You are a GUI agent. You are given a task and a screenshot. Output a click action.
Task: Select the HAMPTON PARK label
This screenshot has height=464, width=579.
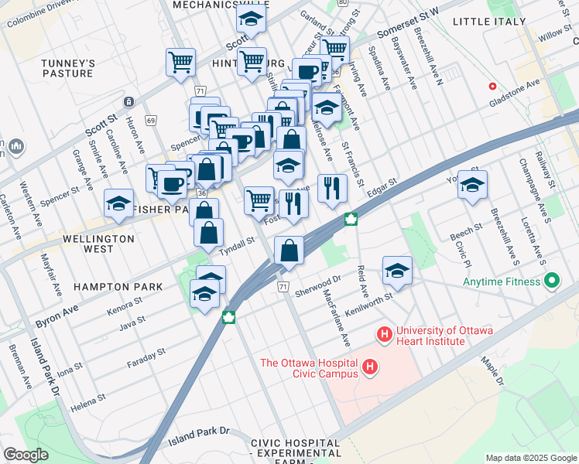(118, 287)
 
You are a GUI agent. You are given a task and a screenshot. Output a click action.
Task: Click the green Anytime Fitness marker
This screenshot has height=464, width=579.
(551, 281)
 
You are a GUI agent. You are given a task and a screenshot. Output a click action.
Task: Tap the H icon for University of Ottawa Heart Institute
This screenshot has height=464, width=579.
(383, 335)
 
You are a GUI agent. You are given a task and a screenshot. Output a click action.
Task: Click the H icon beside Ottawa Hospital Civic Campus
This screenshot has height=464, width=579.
(371, 366)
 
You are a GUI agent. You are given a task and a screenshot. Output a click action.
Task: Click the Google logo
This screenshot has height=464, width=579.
(26, 454)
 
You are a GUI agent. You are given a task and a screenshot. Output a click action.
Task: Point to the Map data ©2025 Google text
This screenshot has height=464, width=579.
(530, 458)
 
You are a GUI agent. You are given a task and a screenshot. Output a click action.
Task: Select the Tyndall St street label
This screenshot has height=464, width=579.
(237, 243)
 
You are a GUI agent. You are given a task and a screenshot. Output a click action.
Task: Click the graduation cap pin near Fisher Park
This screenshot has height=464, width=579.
(118, 203)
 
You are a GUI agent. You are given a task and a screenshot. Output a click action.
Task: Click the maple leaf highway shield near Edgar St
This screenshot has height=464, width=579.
(351, 219)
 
